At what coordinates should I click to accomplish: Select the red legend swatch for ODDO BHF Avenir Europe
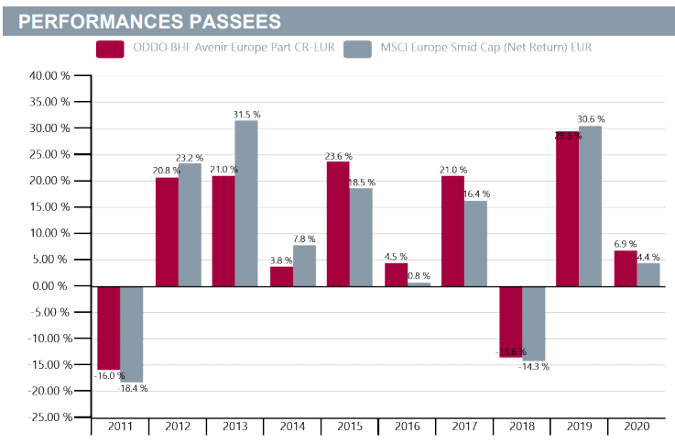[110, 47]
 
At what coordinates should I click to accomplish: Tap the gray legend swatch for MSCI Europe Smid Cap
[356, 47]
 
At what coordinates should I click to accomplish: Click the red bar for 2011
[108, 327]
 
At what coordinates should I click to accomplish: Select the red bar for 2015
[338, 223]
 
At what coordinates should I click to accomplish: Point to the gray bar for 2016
[418, 283]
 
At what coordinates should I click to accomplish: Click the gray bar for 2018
[533, 323]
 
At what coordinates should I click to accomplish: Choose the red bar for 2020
[625, 268]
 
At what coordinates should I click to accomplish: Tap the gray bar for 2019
[590, 205]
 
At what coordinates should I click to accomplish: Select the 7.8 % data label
[303, 239]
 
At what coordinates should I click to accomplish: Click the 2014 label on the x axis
[292, 427]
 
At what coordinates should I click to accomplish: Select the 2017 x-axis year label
[464, 427]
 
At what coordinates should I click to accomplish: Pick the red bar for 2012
[166, 231]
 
